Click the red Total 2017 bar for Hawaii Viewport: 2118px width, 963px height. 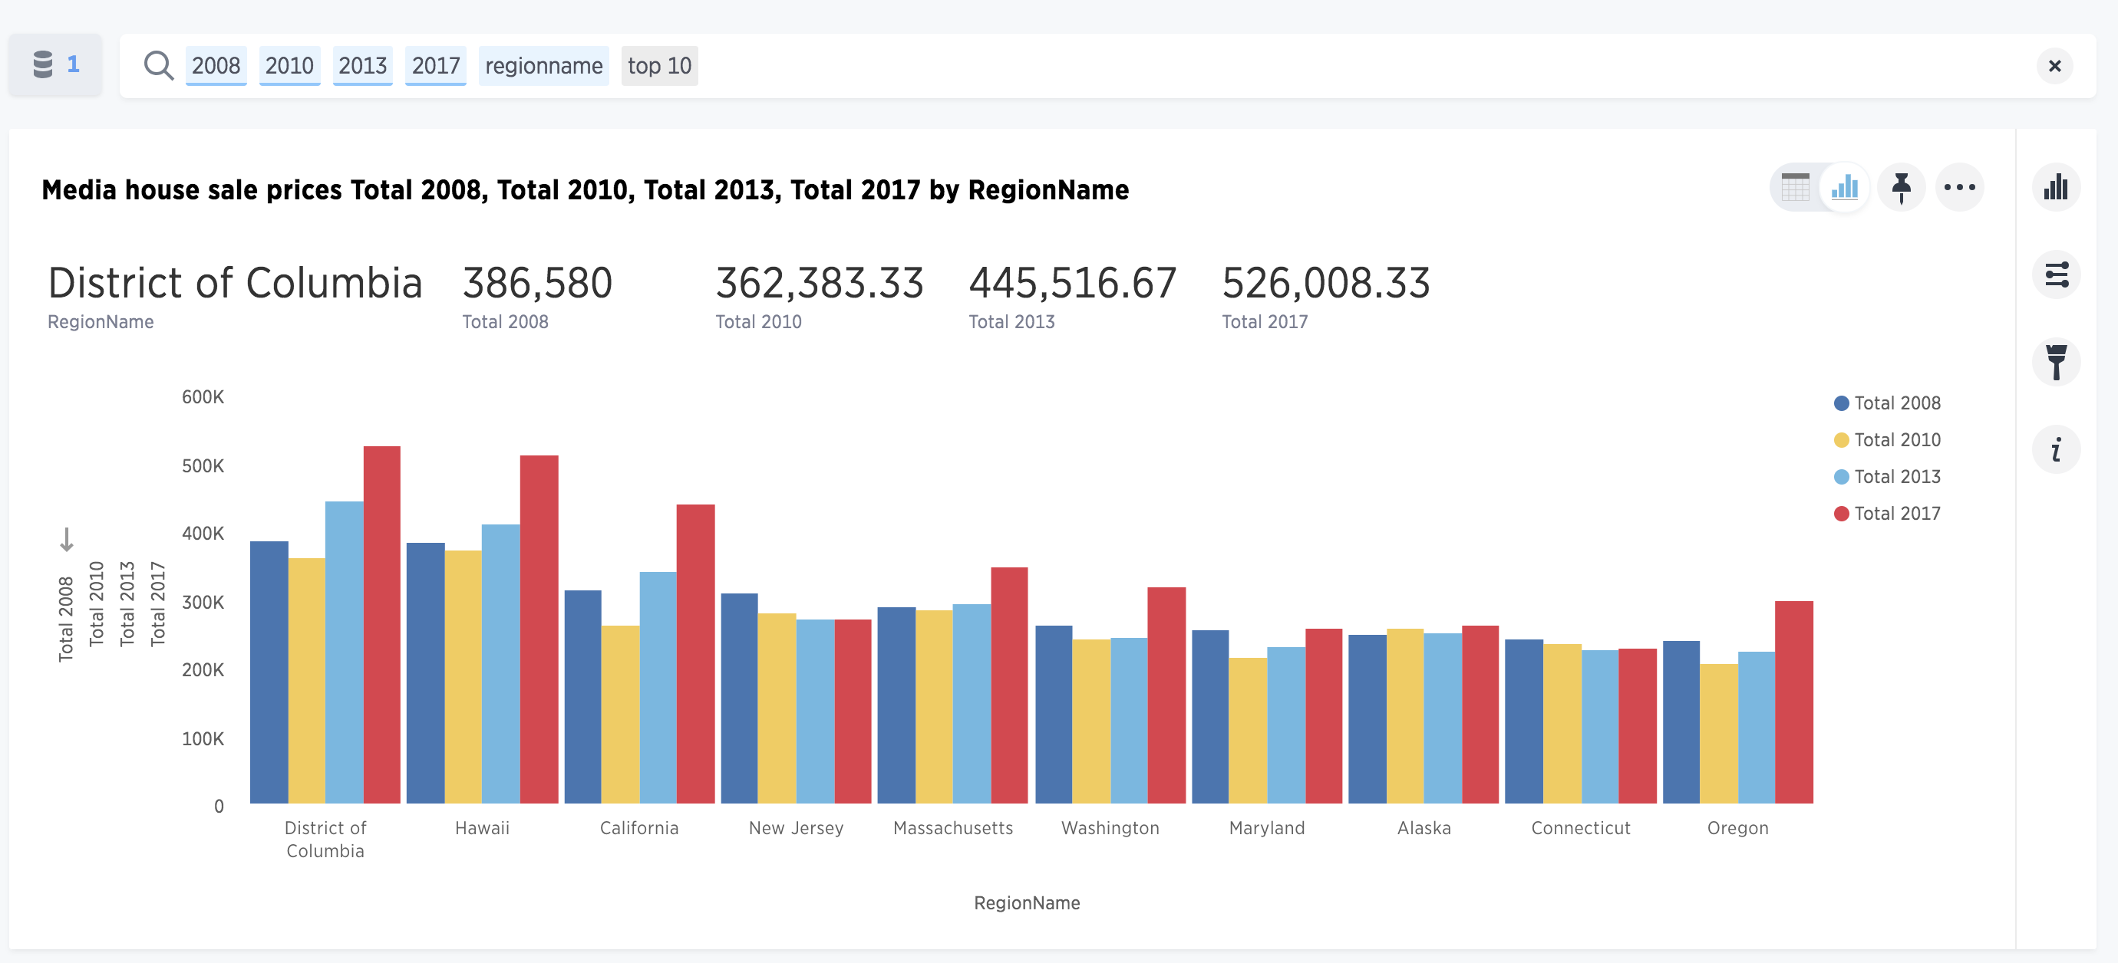point(539,629)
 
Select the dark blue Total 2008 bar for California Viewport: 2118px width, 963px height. point(583,697)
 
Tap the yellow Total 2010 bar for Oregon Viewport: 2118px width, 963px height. point(1719,734)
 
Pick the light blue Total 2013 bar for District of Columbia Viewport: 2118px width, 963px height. point(345,652)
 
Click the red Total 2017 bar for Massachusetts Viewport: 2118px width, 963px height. point(1010,685)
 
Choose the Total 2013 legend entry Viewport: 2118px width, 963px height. point(1887,477)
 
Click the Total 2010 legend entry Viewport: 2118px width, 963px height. point(1887,439)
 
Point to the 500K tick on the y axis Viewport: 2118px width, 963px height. point(203,466)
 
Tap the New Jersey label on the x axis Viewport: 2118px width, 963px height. point(796,828)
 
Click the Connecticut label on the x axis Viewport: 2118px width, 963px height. point(1580,828)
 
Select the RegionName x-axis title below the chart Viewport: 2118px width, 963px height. point(1027,903)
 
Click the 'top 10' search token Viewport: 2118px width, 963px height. point(659,66)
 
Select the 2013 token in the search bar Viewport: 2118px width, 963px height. point(362,66)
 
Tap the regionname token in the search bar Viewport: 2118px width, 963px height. point(543,66)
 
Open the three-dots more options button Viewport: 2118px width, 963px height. point(1959,187)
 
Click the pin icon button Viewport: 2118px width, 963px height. point(1901,187)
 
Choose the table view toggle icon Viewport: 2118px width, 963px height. point(1795,187)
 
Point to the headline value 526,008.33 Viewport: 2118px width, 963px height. point(1325,283)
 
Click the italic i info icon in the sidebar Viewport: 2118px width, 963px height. point(2057,449)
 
